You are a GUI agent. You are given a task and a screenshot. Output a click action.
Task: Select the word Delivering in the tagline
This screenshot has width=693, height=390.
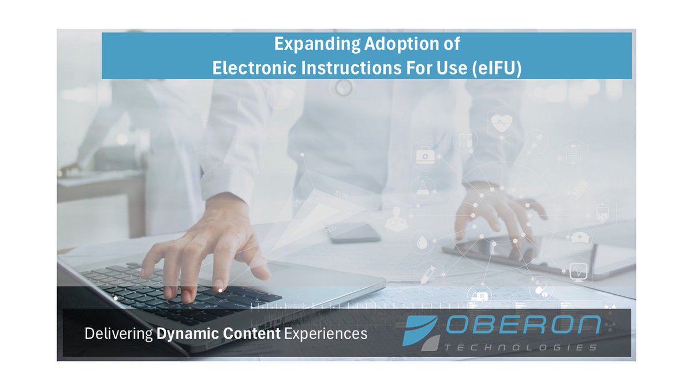[x=118, y=333]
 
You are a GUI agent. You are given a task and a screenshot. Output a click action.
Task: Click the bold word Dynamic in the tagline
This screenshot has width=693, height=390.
[x=184, y=333]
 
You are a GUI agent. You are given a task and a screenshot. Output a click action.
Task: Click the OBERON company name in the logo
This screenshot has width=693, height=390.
[x=523, y=326]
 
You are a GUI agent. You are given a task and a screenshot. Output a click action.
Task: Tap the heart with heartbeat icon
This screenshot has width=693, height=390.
[x=501, y=123]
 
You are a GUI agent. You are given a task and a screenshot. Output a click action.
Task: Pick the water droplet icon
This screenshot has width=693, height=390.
[x=419, y=241]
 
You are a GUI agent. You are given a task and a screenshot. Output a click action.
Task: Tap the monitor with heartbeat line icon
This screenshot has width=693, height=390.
[x=577, y=270]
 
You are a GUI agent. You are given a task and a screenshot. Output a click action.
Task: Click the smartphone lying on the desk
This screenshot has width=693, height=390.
[x=355, y=233]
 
